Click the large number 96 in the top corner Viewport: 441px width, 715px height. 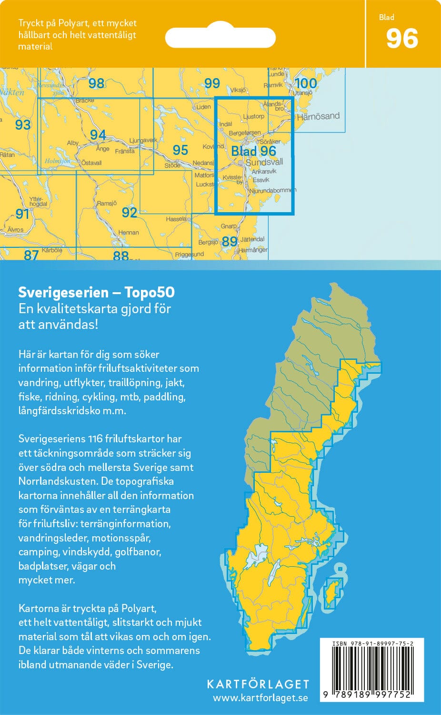point(402,39)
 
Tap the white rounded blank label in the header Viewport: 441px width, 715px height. point(220,38)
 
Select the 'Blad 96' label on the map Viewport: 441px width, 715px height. point(253,151)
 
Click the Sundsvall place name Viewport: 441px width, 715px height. point(264,163)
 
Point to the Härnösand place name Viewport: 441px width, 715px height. point(318,116)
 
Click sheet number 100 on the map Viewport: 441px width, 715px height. point(305,83)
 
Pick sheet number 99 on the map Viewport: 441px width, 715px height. point(212,83)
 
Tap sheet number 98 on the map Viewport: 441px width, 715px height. point(96,83)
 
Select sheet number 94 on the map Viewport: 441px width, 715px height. point(98,135)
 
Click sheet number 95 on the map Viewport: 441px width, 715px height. point(180,150)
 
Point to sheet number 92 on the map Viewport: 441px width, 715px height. point(129,212)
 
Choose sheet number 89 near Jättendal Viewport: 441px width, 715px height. point(230,242)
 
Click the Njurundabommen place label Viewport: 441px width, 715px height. point(272,190)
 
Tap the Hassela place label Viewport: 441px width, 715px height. point(176,219)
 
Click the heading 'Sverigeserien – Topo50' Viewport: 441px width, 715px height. point(96,292)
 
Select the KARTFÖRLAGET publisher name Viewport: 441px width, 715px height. point(258,684)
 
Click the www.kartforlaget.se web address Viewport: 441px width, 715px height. point(260,698)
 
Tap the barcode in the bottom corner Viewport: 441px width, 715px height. point(371,669)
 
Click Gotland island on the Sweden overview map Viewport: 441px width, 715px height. point(331,592)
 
